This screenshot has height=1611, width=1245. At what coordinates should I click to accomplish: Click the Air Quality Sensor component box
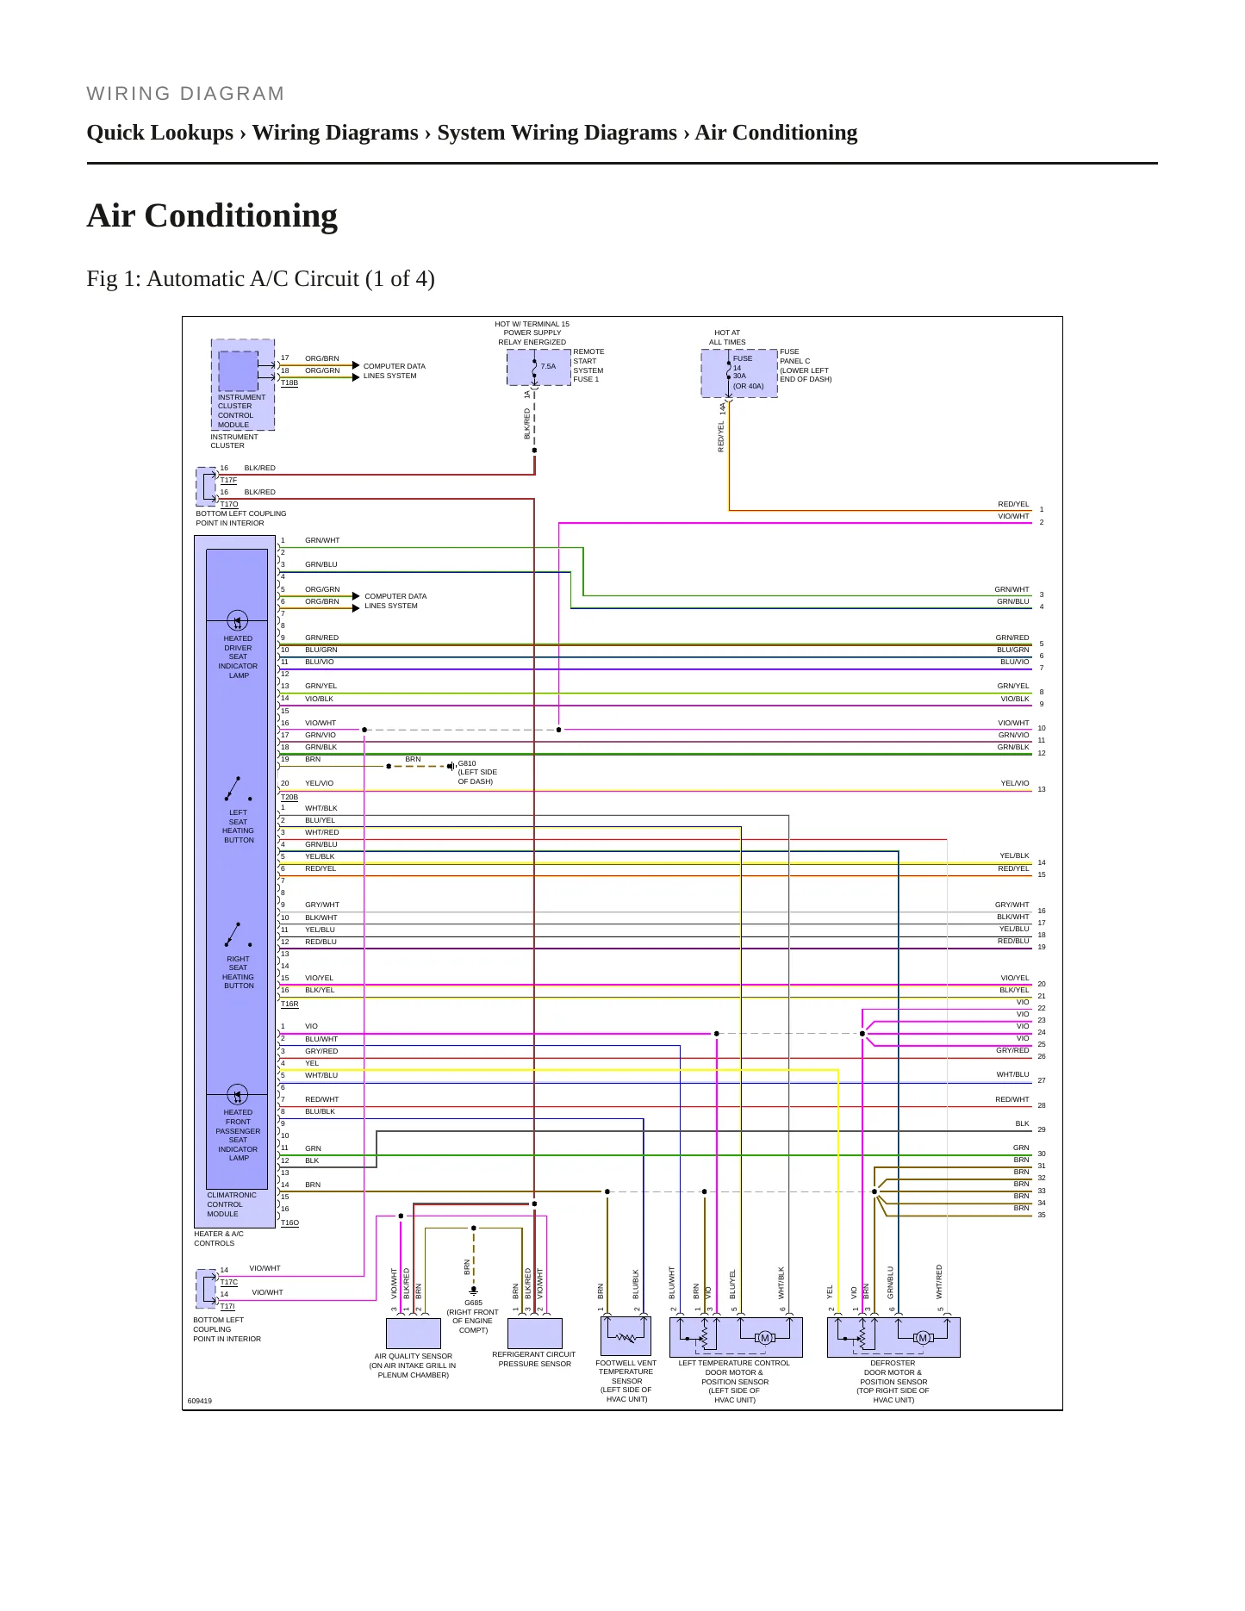pos(414,1333)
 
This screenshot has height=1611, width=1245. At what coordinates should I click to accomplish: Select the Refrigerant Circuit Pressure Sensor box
pos(535,1333)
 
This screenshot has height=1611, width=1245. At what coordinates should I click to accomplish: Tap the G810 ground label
pos(467,763)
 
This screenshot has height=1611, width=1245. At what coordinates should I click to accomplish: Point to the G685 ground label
pos(474,1303)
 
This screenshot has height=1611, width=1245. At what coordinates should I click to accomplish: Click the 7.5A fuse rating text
pos(548,366)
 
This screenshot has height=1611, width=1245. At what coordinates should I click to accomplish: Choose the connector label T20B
pos(289,797)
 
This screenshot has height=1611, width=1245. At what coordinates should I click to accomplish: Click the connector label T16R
pos(289,1004)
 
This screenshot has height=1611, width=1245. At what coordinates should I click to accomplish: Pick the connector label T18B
pos(289,383)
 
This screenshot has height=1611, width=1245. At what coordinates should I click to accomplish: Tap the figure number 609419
pos(200,1401)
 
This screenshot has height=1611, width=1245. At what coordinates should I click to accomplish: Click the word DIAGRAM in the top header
pos(232,94)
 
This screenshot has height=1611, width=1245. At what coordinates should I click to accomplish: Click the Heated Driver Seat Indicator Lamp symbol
pos(237,620)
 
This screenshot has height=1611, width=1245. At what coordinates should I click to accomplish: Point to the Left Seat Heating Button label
pos(238,826)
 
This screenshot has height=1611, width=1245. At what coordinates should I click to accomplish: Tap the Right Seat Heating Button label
pos(238,973)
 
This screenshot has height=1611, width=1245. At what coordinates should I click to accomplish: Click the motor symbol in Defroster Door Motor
pos(923,1338)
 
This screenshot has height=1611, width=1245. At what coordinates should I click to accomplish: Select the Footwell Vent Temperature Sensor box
pos(626,1335)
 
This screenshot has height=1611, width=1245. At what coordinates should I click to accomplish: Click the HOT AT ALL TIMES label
pos(727,337)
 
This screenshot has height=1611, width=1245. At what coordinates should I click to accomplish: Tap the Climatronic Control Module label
pos(232,1204)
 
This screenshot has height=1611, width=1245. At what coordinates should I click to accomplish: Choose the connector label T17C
pos(228,1282)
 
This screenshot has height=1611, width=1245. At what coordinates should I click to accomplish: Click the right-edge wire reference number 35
pos(1042,1215)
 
